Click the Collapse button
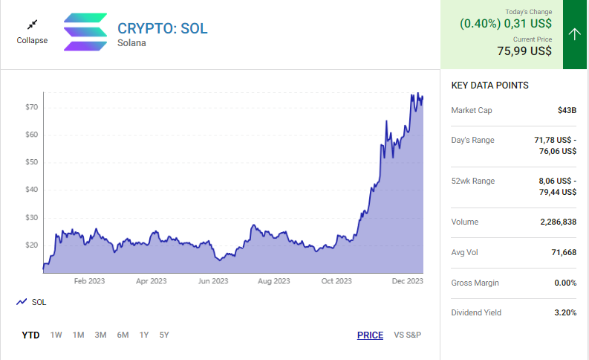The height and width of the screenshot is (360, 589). pos(32,32)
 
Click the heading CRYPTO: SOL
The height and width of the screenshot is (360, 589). pos(163,28)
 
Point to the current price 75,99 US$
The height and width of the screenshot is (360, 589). pos(524,51)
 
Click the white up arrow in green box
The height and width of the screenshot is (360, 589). pos(575,34)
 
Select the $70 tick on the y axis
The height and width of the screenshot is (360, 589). pos(31,107)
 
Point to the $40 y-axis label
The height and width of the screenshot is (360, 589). pos(31,190)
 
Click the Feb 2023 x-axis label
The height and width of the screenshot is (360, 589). pos(90,281)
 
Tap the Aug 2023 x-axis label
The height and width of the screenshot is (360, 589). pos(274,281)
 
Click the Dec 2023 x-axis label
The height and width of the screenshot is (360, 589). pos(408,281)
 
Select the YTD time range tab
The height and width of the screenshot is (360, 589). pos(30,335)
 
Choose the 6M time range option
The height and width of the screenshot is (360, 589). pos(123,335)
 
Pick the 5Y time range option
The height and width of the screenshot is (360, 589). pos(164,335)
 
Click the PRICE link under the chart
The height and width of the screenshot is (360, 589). pos(370,335)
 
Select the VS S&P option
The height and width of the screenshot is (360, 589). pos(408,335)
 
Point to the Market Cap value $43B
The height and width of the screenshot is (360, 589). pos(567,110)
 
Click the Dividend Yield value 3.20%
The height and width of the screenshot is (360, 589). pos(565,312)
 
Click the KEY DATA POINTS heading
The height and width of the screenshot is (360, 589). pos(490,86)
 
